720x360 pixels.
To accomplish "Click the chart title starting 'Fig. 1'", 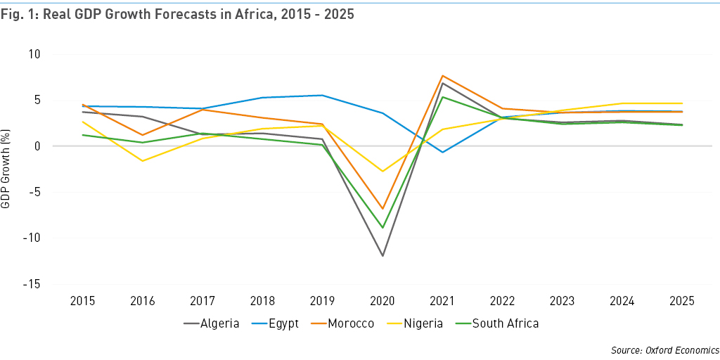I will [x=177, y=15].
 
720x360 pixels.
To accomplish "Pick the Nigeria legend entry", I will [x=423, y=323].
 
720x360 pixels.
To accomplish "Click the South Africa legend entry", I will [x=505, y=323].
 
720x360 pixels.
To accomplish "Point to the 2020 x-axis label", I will [x=382, y=302].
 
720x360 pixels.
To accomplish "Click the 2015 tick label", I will [x=84, y=302].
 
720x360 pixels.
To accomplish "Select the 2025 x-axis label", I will [x=681, y=302].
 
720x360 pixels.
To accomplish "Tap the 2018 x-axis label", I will [x=263, y=302].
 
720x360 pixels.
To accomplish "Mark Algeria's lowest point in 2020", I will [x=382, y=256].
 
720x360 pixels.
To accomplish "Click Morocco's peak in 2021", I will [x=442, y=75].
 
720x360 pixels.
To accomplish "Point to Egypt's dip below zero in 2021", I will [x=442, y=152].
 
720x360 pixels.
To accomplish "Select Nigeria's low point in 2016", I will [x=143, y=161].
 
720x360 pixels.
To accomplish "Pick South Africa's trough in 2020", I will [x=382, y=228].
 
